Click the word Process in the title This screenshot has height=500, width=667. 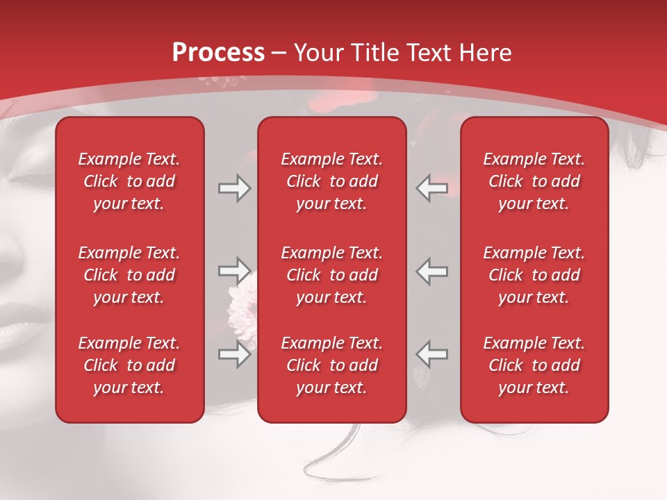coord(218,53)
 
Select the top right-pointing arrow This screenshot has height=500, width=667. coord(234,188)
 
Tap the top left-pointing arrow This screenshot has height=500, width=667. coord(431,188)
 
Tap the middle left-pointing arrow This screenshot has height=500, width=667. coord(431,271)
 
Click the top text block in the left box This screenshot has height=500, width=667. coord(129,181)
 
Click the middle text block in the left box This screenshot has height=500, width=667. coord(129,275)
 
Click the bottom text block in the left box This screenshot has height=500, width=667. coord(129,365)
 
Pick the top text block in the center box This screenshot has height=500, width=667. coord(332,181)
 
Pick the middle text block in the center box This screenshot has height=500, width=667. coord(332,275)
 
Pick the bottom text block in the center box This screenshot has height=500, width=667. coord(332,365)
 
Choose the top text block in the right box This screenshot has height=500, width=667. coord(534,181)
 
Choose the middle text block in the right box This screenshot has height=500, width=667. coord(534,275)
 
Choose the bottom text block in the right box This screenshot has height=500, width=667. coord(534,365)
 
